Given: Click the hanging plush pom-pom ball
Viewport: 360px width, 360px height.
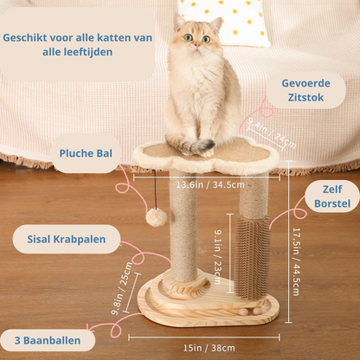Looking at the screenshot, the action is pyautogui.click(x=157, y=217).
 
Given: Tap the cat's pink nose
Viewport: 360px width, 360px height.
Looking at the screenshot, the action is pyautogui.click(x=196, y=46).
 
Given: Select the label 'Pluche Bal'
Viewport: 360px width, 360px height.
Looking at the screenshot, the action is pyautogui.click(x=86, y=153).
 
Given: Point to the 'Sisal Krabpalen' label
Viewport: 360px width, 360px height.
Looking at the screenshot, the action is pyautogui.click(x=67, y=239).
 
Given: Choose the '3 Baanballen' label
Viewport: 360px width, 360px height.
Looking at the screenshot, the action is pyautogui.click(x=48, y=340).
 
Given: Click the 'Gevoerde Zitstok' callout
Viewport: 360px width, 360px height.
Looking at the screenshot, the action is pyautogui.click(x=305, y=90).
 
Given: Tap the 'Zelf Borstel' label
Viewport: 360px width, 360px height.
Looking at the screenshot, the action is pyautogui.click(x=332, y=196).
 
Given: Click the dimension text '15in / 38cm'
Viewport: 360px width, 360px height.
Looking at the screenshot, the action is pyautogui.click(x=209, y=348).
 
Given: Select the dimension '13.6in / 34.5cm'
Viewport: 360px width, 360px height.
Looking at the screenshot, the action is pyautogui.click(x=210, y=184).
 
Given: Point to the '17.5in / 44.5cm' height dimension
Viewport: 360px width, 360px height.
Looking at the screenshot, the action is pyautogui.click(x=296, y=262).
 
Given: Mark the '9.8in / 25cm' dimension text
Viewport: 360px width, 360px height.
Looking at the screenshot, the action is pyautogui.click(x=122, y=288).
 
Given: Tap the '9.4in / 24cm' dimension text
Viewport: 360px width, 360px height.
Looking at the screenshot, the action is pyautogui.click(x=272, y=132).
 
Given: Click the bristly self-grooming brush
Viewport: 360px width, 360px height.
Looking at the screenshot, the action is pyautogui.click(x=251, y=257).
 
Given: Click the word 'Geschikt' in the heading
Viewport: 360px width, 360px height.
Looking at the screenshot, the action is pyautogui.click(x=24, y=38).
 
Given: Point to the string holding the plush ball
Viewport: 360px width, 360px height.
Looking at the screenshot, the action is pyautogui.click(x=156, y=189).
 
